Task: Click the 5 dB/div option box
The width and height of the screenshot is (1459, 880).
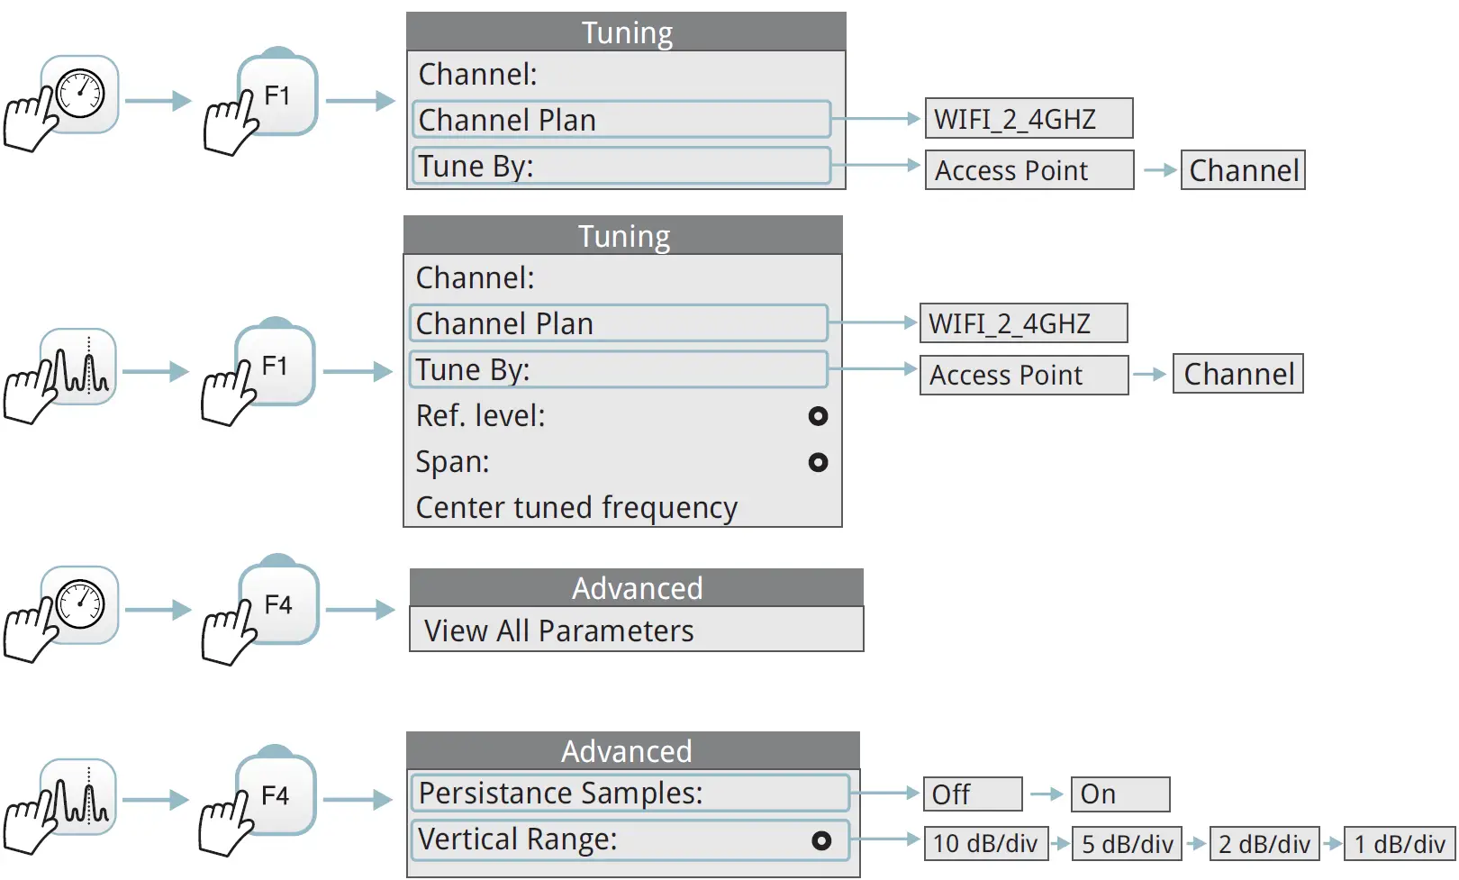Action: pos(1127,844)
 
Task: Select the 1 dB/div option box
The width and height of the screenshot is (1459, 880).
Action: pos(1399,844)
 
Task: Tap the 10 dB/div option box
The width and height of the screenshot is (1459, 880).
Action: pos(985,844)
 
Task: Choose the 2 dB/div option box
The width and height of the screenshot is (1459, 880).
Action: pos(1264,844)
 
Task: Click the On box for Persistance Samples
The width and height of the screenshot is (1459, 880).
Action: pos(1119,794)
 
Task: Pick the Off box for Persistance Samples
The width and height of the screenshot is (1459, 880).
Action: pos(973,794)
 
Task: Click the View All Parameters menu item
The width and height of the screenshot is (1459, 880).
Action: pos(636,631)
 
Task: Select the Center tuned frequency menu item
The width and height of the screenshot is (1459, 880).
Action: pos(576,508)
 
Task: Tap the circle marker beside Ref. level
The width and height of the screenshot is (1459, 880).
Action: pos(818,416)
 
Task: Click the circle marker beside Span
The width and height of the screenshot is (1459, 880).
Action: pos(818,462)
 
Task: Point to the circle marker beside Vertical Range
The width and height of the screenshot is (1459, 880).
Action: pos(820,840)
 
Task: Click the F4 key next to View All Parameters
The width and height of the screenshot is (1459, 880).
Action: pos(278,605)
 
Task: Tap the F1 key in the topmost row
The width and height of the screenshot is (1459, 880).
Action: pos(277,96)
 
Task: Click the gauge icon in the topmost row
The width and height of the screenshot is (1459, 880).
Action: pos(80,94)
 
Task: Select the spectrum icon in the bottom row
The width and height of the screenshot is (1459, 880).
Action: pos(78,797)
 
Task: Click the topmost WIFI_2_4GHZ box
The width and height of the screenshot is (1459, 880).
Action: pos(1028,119)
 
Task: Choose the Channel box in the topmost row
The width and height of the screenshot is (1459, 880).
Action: pos(1243,170)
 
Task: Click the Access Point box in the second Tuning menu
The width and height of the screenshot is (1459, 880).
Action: pos(1023,375)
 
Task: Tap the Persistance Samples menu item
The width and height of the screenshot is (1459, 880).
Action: pos(630,794)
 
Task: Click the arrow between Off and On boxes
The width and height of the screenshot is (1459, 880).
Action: pos(1047,794)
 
